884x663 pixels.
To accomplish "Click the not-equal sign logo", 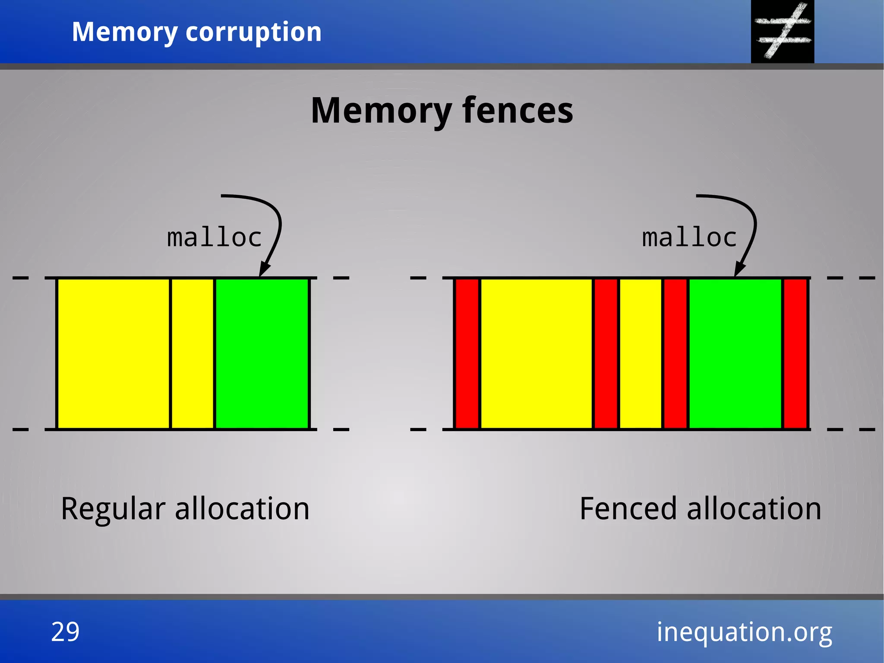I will pos(782,31).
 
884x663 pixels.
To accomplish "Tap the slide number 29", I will pos(65,631).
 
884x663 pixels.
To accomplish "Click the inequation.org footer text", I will pos(744,632).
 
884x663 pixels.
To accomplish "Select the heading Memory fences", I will pos(442,111).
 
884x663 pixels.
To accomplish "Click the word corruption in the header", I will pos(253,32).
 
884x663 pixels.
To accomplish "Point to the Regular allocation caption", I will pos(185,509).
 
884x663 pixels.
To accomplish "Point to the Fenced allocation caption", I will pos(700,509).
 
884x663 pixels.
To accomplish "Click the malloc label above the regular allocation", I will pos(215,238).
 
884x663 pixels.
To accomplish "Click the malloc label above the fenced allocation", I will pos(689,238).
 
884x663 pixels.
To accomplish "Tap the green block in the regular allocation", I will pos(262,353).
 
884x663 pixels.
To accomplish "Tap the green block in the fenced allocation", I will pos(735,353).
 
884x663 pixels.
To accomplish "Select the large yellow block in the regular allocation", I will pos(114,353).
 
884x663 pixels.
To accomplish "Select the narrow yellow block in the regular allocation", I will pos(193,353).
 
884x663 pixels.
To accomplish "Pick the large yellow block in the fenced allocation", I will pos(536,353).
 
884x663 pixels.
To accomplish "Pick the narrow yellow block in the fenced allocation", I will pos(641,353).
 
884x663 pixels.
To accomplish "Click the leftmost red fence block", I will pos(467,353).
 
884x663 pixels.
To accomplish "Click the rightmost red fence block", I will pos(795,353).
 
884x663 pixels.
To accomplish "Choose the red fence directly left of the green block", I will pos(676,353).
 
